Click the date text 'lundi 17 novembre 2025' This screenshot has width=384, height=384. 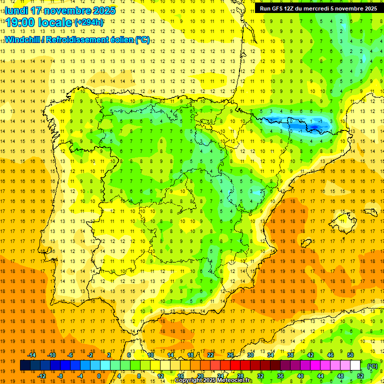coord(60,10)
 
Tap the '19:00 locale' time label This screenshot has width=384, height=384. coord(39,22)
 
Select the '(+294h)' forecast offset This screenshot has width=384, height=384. coord(89,22)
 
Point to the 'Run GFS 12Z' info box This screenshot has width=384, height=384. coord(318,8)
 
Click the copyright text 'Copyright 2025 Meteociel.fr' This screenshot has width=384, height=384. coord(214,380)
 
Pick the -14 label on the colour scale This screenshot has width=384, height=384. coord(32,354)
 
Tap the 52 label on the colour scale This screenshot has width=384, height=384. coord(360,375)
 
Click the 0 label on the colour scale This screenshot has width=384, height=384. coord(98,375)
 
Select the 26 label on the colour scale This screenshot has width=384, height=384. coord(230,354)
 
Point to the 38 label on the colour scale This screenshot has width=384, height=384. coord(290,354)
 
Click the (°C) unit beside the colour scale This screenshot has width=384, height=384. coord(372,366)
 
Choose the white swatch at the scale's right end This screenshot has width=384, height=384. coord(355,365)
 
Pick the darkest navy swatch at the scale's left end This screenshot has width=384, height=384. coord(25,365)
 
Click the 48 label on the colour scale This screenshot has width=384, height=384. coord(340,375)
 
